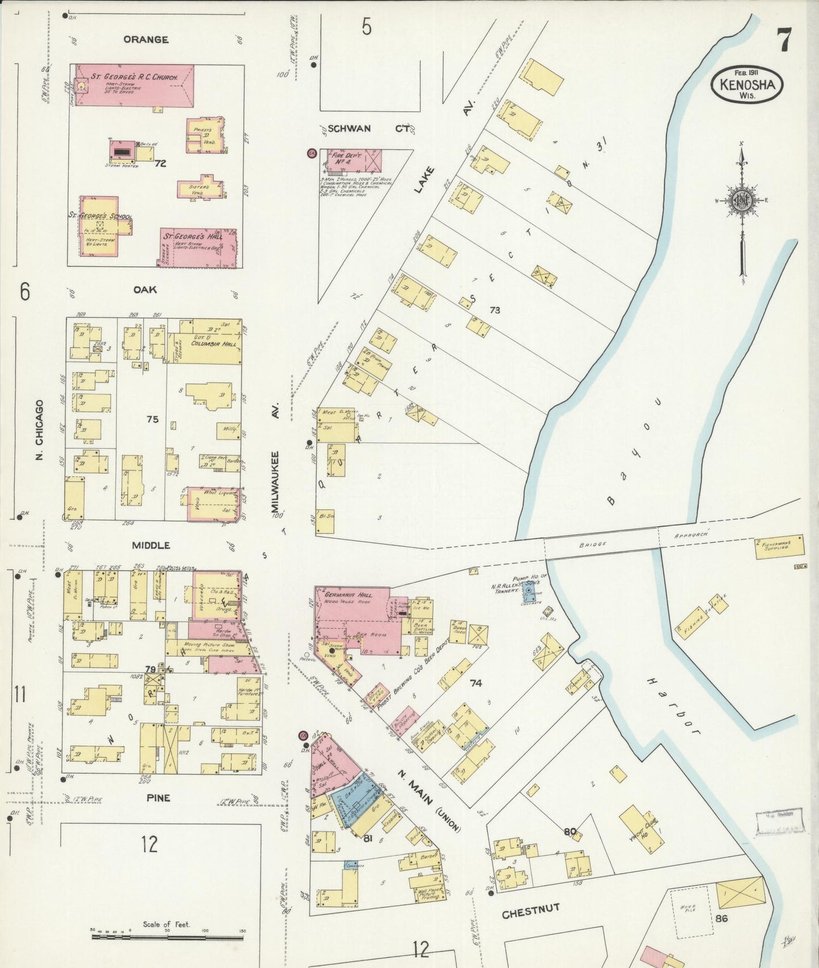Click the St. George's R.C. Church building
(135, 85)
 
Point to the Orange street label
(146, 40)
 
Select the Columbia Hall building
(207, 340)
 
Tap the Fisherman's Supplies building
(779, 547)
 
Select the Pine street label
(158, 798)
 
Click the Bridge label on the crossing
(593, 544)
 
